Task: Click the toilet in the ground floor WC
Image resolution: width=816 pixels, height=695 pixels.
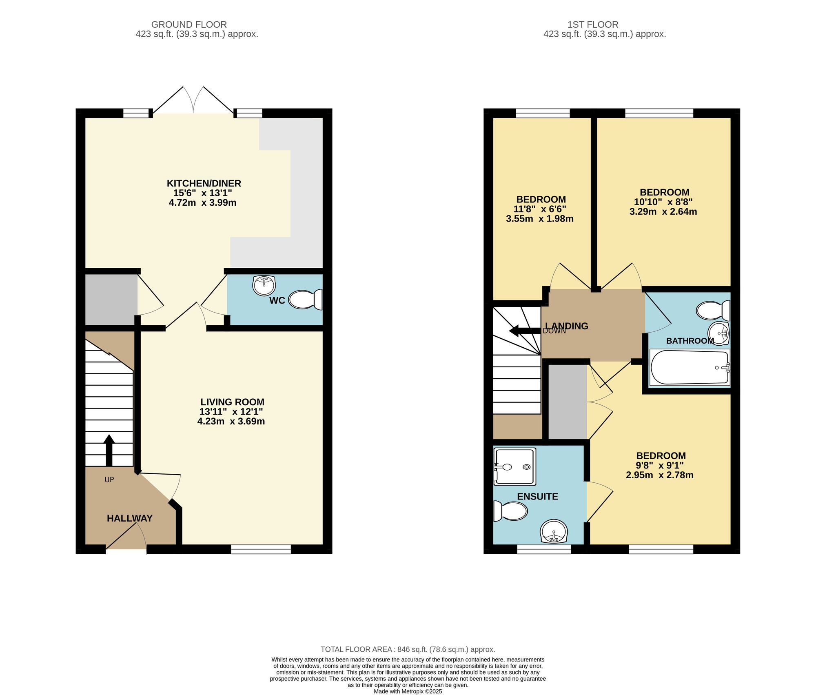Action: coord(305,300)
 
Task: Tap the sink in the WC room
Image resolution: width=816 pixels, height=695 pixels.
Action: coord(264,285)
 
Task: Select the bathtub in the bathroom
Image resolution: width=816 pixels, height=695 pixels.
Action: coord(690,367)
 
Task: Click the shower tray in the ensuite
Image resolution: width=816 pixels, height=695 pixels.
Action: coord(514,466)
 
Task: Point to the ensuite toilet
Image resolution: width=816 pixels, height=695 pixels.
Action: coord(510,511)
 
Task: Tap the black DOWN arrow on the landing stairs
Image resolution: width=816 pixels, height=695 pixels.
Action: coord(525,331)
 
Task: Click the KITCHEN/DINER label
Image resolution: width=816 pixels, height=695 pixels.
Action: coord(204,183)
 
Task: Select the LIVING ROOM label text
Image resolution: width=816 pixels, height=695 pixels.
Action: coord(232,402)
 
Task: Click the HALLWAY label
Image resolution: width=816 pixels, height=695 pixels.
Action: coord(129,518)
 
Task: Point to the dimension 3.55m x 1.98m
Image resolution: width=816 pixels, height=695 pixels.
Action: coord(539,219)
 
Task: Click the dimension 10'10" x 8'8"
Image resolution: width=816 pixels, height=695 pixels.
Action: coord(663,202)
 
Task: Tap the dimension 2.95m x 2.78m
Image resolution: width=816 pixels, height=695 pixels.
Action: coord(659,475)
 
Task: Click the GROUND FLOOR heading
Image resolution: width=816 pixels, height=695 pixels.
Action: coord(189,24)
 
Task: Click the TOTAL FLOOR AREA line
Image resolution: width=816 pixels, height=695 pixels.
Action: coord(408,649)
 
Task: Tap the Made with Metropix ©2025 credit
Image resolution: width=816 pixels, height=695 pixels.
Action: coord(408,691)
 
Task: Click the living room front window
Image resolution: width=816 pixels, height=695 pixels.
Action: coord(261,549)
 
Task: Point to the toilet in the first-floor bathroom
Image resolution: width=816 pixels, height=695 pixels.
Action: coord(712,311)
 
